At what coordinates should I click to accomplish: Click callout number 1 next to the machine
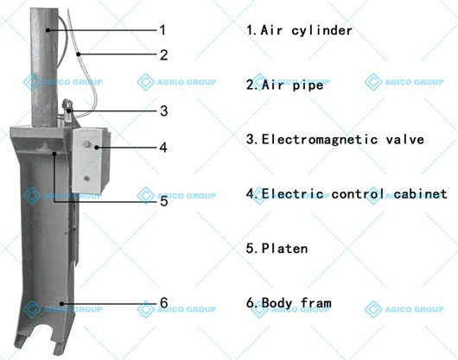pyautogui.click(x=162, y=30)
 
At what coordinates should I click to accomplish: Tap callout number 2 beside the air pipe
pyautogui.click(x=163, y=55)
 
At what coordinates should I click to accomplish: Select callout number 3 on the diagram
pyautogui.click(x=164, y=111)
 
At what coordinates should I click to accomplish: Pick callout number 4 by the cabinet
pyautogui.click(x=163, y=148)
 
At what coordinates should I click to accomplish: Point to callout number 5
pyautogui.click(x=164, y=201)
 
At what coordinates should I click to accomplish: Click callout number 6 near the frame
pyautogui.click(x=164, y=302)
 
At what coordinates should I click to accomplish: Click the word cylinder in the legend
pyautogui.click(x=321, y=31)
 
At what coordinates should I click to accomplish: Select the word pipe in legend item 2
pyautogui.click(x=308, y=85)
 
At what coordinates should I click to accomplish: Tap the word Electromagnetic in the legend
pyautogui.click(x=320, y=140)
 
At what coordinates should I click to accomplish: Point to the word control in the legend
pyautogui.click(x=358, y=194)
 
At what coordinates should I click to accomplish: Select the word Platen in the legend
pyautogui.click(x=285, y=249)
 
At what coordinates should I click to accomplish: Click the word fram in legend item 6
pyautogui.click(x=316, y=303)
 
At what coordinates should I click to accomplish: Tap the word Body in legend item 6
pyautogui.click(x=277, y=303)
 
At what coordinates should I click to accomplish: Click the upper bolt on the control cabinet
pyautogui.click(x=86, y=143)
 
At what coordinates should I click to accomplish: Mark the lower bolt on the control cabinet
pyautogui.click(x=86, y=178)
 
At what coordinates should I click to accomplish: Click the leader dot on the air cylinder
pyautogui.click(x=48, y=29)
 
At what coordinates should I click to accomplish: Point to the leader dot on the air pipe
pyautogui.click(x=79, y=54)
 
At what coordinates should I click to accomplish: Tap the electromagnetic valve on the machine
pyautogui.click(x=67, y=110)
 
